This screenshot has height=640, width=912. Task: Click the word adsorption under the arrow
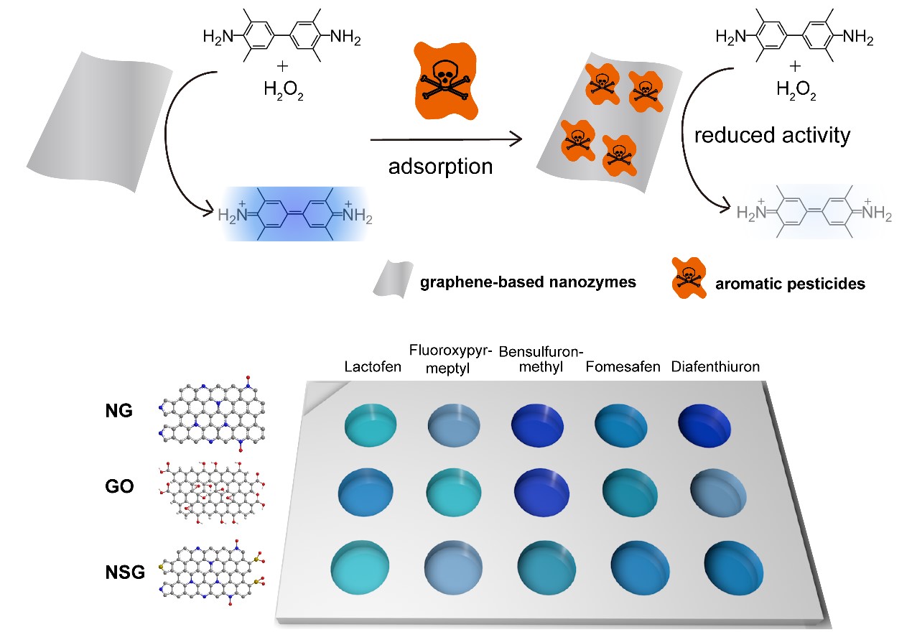pyautogui.click(x=440, y=167)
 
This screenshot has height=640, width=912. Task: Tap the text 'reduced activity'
pyautogui.click(x=772, y=135)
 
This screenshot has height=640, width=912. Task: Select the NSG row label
pyautogui.click(x=124, y=572)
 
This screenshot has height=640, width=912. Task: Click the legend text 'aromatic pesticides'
pyautogui.click(x=790, y=284)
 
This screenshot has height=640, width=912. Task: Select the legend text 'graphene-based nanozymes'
pyautogui.click(x=528, y=282)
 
